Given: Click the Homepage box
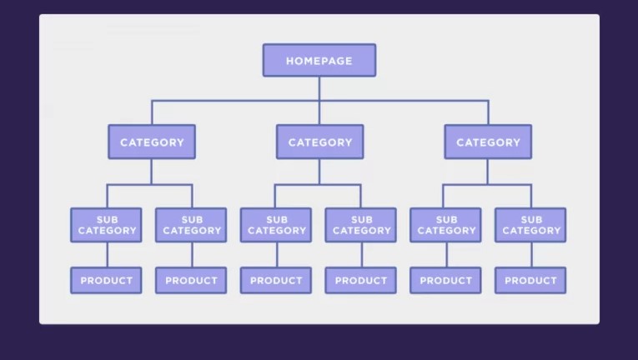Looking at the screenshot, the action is tap(319, 60).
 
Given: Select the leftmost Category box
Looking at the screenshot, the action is tap(152, 142).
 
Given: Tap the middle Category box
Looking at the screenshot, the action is tap(319, 142).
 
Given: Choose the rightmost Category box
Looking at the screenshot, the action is tap(488, 142).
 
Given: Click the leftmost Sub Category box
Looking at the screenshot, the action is tap(106, 225).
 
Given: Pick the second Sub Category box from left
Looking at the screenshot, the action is tap(191, 225).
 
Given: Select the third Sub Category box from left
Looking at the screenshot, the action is tap(276, 225).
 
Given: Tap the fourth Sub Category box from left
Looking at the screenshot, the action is tap(361, 225).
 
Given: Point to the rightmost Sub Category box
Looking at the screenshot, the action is tap(530, 225).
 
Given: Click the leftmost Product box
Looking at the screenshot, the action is tap(106, 280).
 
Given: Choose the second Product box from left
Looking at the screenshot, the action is tap(191, 280).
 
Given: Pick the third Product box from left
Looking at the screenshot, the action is tap(276, 280).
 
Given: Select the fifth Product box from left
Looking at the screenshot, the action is tap(445, 280).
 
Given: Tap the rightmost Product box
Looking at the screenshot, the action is tap(530, 280).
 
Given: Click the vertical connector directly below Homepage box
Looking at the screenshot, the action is tap(319, 101).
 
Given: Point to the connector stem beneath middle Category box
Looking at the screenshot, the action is tap(319, 172).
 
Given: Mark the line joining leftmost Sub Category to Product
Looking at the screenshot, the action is tap(108, 255).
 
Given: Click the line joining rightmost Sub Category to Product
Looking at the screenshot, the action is tap(531, 255).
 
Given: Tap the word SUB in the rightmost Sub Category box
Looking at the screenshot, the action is tap(531, 220).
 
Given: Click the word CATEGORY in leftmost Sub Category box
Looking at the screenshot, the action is tap(108, 231).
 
